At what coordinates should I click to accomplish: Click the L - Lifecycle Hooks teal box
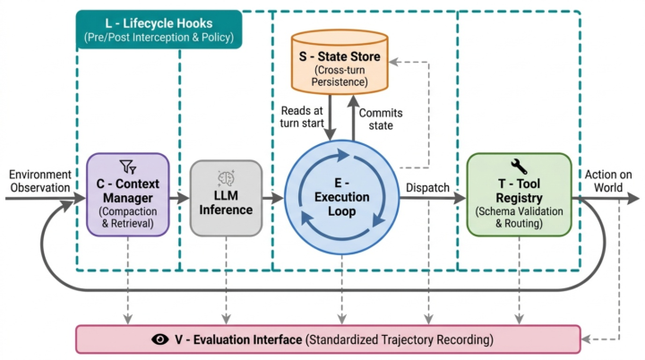click(159, 30)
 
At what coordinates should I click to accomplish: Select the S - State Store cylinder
click(340, 62)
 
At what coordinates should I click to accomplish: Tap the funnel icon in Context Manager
click(128, 167)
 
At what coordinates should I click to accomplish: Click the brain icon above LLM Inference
click(226, 178)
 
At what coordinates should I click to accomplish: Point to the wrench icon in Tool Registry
click(519, 167)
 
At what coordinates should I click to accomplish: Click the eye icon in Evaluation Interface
click(160, 339)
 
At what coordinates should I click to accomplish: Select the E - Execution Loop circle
click(342, 197)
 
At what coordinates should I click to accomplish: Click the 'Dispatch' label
click(427, 187)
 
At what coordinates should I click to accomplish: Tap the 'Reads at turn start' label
click(302, 116)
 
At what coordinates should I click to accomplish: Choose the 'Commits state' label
click(381, 119)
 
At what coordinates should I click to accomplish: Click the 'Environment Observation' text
click(40, 181)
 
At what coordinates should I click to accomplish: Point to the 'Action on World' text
click(608, 181)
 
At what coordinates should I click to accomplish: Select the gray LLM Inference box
click(226, 198)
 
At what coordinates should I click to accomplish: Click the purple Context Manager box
click(128, 194)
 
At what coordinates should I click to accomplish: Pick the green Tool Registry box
click(519, 194)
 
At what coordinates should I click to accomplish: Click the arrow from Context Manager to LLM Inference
click(179, 198)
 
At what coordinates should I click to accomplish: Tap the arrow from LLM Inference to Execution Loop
click(273, 198)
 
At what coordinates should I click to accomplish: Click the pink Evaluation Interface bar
click(328, 339)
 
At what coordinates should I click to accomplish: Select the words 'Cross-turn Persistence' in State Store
click(340, 76)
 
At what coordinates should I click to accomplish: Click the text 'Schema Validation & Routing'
click(519, 218)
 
